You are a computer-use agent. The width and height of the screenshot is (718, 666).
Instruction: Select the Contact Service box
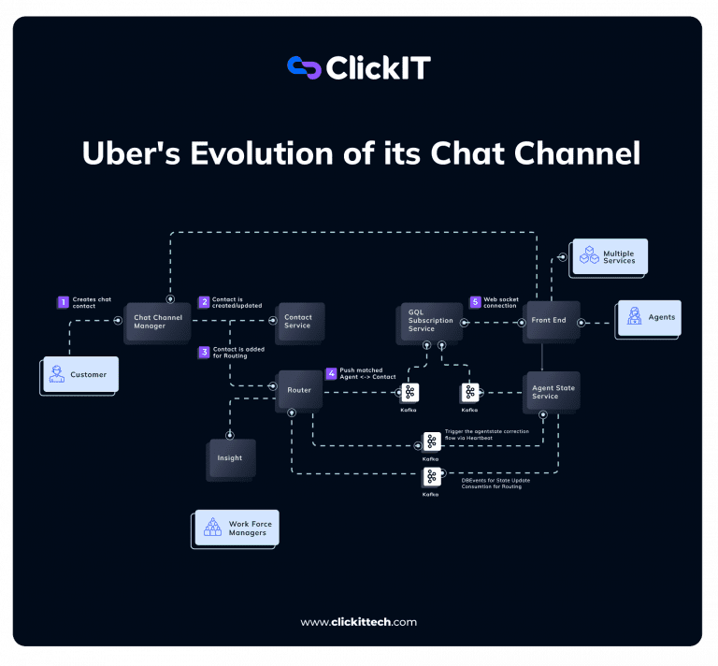(297, 321)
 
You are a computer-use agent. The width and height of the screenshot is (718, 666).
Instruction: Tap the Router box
(299, 390)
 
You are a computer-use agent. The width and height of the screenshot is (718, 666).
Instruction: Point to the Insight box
(230, 458)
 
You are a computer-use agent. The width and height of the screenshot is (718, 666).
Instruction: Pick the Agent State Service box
(553, 392)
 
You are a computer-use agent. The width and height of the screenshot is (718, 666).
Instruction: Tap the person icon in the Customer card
(58, 374)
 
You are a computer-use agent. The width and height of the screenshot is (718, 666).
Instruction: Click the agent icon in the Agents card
(634, 317)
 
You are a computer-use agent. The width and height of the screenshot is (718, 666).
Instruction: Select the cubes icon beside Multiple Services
(589, 255)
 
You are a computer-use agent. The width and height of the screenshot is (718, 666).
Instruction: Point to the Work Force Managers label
(250, 528)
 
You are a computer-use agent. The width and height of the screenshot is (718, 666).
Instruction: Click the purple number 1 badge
(64, 302)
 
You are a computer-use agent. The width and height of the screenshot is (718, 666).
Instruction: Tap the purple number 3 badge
(204, 353)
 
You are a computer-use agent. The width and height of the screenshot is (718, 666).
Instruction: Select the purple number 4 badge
(331, 373)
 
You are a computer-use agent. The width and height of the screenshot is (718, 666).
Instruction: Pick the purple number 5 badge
(475, 302)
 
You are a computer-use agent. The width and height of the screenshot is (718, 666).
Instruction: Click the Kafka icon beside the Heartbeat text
(432, 442)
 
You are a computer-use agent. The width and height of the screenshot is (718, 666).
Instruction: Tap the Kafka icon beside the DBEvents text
(431, 477)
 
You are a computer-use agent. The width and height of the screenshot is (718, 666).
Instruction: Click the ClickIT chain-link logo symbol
(303, 67)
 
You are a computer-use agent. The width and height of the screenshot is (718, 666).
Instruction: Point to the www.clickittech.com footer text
(359, 622)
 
